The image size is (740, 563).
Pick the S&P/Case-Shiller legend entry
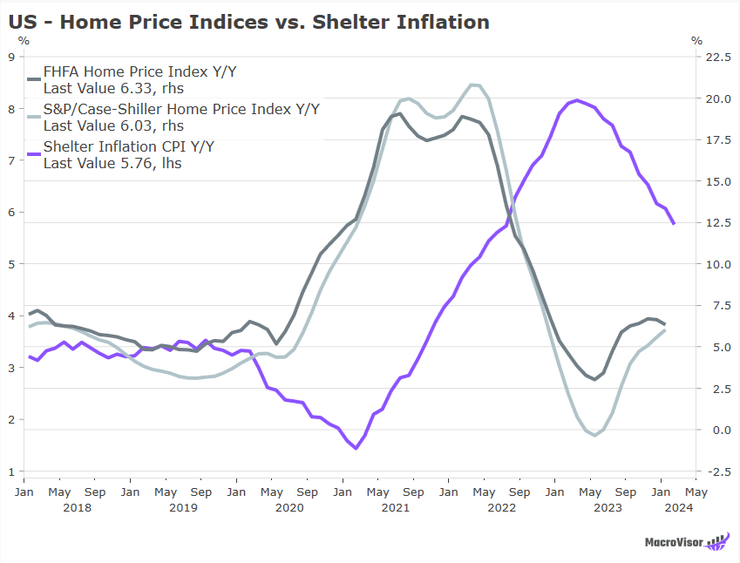click(181, 109)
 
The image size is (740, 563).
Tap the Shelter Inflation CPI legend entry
click(128, 146)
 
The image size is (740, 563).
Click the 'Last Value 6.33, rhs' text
click(113, 87)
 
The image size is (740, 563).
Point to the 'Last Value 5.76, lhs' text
click(112, 162)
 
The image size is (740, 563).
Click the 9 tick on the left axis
click(10, 57)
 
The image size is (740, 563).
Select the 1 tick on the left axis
click(10, 471)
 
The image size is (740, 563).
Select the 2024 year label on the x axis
click(678, 506)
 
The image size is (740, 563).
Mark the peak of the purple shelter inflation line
click(577, 100)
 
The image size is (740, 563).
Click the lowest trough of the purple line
click(356, 448)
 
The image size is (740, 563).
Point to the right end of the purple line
click(673, 224)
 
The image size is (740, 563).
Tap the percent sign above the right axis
click(696, 40)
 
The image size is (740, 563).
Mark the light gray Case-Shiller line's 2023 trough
click(594, 435)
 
